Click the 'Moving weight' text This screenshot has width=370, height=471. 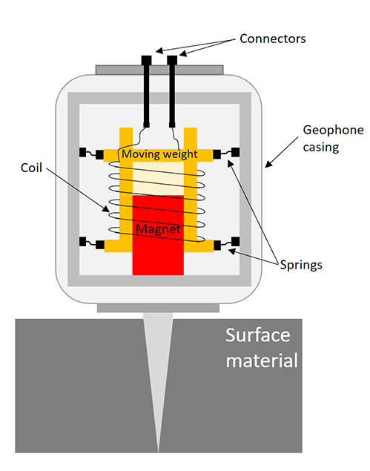click(x=159, y=154)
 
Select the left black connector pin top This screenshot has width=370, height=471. click(x=146, y=59)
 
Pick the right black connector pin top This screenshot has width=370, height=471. click(x=172, y=59)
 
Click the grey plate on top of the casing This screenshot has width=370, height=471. click(x=159, y=70)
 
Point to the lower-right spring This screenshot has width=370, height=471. click(x=225, y=243)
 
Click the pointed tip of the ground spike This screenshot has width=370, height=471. click(x=159, y=447)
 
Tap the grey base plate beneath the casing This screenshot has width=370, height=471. click(x=159, y=306)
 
